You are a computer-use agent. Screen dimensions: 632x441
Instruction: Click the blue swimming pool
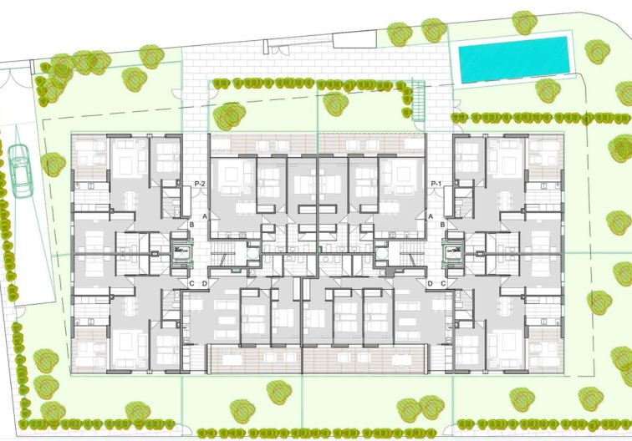514,59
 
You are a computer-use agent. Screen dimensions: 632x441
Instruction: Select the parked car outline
20,170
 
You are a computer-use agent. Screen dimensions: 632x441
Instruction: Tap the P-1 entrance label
436,184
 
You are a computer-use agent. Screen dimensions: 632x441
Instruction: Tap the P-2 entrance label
200,184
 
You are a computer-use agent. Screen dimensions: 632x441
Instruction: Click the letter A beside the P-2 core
205,216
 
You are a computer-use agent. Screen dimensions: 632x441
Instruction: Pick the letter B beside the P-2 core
191,225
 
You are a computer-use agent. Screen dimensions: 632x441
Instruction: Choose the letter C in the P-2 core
191,283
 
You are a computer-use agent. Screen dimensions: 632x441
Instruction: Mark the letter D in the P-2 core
204,283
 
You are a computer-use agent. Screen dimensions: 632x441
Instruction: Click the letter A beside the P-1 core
431,216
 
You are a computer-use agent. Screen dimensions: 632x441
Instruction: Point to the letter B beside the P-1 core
442,225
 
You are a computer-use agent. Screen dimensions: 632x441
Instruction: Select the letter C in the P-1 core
443,283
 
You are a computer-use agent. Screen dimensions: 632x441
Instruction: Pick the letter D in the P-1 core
430,283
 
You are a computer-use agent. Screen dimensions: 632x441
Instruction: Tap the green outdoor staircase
418,101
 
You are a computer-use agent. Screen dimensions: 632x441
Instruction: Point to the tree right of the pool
598,52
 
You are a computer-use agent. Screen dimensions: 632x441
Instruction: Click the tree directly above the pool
524,23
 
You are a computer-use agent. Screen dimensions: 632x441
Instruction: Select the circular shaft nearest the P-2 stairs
252,254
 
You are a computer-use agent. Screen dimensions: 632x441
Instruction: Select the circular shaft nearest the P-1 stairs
382,254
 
